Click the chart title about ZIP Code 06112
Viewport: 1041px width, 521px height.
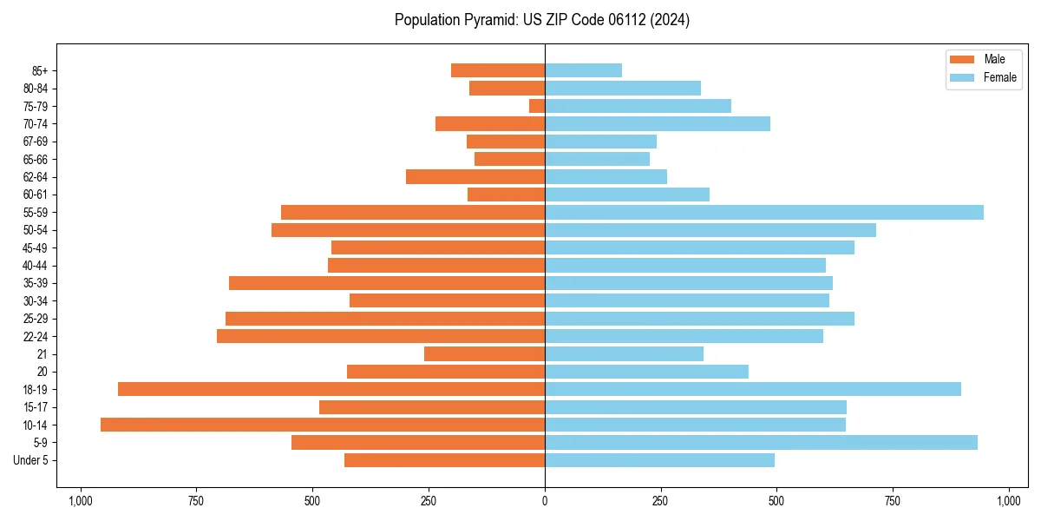[x=541, y=20]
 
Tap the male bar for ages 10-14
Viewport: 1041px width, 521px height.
[x=323, y=425]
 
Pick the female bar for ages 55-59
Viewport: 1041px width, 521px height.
[x=764, y=212]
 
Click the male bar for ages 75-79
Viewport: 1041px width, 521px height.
[x=537, y=106]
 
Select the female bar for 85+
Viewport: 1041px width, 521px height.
[x=583, y=70]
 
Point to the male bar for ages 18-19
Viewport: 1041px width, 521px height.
[x=331, y=389]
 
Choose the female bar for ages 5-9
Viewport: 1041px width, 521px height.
[x=761, y=442]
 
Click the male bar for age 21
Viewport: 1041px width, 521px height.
[x=484, y=353]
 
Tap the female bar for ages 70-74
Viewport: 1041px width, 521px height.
[x=658, y=123]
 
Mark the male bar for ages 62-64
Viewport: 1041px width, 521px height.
[x=475, y=176]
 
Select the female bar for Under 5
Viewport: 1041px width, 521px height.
[x=659, y=460]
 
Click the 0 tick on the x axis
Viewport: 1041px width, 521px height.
[x=545, y=501]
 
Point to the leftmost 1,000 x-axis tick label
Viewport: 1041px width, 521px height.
[x=81, y=501]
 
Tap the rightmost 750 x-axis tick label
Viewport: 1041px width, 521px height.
[x=893, y=501]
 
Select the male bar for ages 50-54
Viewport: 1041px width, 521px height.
[x=408, y=230]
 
